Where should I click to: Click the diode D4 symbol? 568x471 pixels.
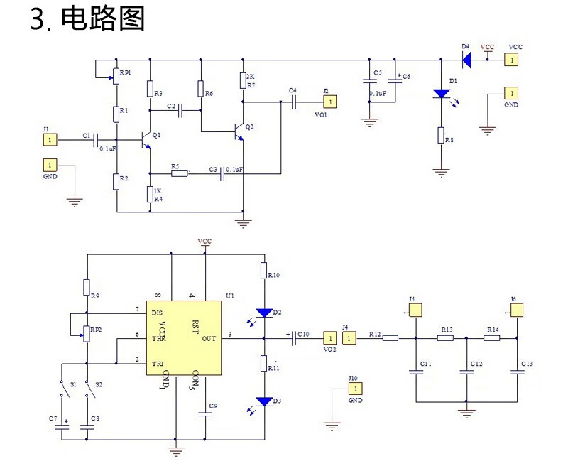tap(466, 60)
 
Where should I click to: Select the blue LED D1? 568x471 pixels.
tap(441, 93)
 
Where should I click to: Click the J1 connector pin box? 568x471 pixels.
tap(49, 140)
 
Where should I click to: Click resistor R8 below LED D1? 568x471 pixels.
tap(441, 136)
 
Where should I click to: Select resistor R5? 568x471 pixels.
tap(179, 173)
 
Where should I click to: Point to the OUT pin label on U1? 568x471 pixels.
tap(209, 339)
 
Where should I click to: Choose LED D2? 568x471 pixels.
tap(264, 313)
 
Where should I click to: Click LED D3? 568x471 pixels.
tap(264, 402)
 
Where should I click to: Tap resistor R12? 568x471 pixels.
tap(390, 338)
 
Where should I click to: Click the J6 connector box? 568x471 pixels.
tap(518, 310)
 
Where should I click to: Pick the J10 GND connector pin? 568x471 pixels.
tap(355, 389)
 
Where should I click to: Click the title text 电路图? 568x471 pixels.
tap(104, 19)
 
